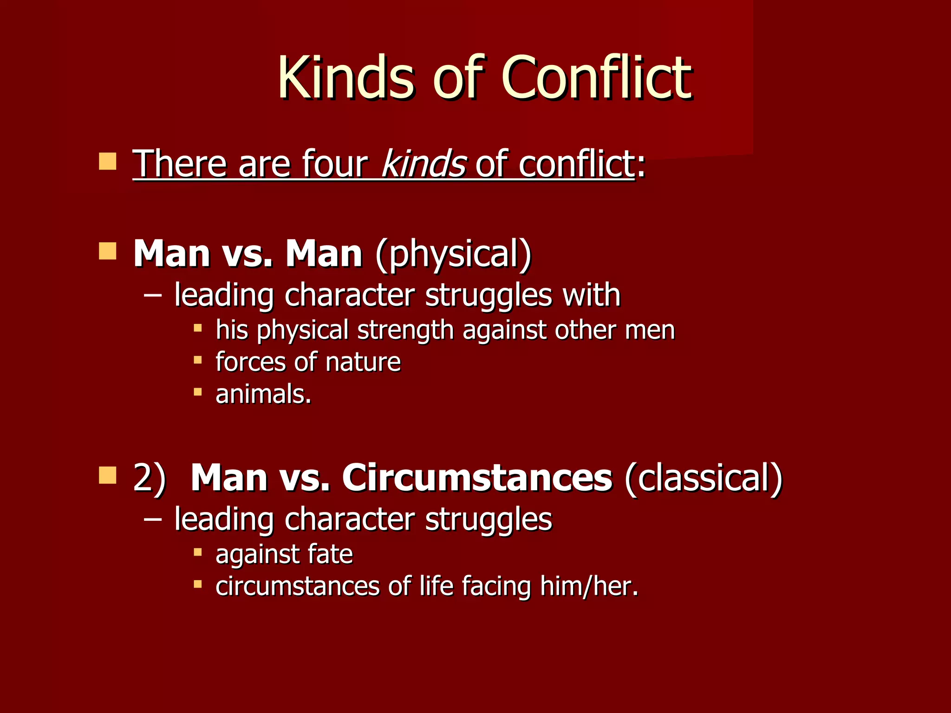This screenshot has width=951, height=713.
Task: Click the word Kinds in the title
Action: (345, 78)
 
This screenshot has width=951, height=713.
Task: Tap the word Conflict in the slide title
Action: (596, 78)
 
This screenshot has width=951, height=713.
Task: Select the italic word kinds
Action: (423, 163)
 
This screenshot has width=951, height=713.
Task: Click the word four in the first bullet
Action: (334, 163)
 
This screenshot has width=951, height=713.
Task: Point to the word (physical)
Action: (453, 254)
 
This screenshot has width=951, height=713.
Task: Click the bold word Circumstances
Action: (477, 478)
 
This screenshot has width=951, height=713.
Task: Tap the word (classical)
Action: (703, 478)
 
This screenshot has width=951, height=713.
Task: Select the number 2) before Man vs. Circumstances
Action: (149, 478)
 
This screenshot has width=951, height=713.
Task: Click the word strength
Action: (405, 330)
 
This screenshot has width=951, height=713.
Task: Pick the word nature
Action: (363, 362)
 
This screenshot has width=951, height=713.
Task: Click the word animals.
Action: (263, 394)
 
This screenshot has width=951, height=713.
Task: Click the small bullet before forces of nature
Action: (198, 360)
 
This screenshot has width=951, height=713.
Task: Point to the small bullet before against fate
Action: (198, 552)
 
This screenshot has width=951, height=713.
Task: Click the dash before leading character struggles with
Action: (153, 294)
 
